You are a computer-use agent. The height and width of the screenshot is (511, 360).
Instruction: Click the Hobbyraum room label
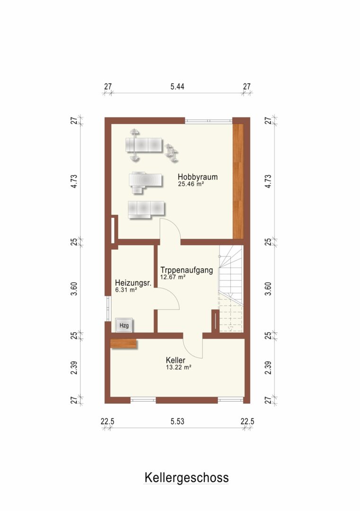tap(197, 177)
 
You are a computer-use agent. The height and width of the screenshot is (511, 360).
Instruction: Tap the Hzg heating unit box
tap(124, 325)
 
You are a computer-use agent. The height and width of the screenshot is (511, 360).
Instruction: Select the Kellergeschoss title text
tap(186, 478)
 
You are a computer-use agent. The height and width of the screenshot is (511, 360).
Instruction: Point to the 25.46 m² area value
tap(191, 184)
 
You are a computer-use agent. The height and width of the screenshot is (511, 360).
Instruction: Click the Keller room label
tap(176, 360)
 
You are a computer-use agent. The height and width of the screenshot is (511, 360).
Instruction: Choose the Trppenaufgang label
tap(187, 270)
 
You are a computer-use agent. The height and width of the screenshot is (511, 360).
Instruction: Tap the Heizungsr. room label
tap(133, 283)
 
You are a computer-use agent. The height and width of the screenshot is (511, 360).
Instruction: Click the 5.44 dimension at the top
tap(177, 87)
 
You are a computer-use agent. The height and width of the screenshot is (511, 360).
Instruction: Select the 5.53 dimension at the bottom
tap(177, 422)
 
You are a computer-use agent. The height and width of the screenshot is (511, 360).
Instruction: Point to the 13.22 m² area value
tap(178, 367)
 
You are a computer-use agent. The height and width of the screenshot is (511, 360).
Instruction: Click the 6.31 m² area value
tap(126, 290)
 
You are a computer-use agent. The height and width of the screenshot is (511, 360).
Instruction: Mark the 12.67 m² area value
tap(173, 277)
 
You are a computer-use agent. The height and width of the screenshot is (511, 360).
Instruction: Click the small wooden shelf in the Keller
tap(123, 344)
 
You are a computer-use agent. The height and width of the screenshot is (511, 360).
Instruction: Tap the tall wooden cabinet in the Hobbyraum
tap(238, 182)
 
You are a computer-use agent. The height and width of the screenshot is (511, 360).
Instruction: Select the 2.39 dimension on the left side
tap(74, 368)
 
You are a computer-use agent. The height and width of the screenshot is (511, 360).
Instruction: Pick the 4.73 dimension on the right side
tap(268, 181)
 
